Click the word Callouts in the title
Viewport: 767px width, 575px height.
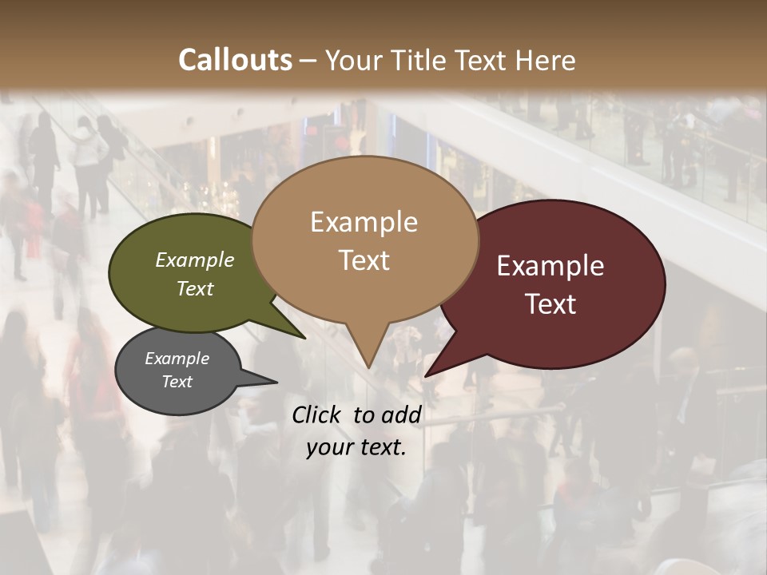tap(235, 60)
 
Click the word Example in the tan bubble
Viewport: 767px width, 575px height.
tap(364, 222)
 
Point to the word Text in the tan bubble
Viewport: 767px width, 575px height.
tap(364, 260)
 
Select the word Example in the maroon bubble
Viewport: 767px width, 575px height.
tap(550, 266)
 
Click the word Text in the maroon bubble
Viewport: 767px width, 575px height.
tap(551, 304)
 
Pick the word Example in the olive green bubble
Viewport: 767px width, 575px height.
tap(195, 260)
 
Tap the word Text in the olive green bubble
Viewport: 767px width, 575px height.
tap(195, 289)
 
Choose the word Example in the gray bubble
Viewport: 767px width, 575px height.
tap(177, 359)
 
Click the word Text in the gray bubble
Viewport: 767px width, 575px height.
tap(177, 382)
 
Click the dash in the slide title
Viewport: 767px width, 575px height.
tap(309, 61)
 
